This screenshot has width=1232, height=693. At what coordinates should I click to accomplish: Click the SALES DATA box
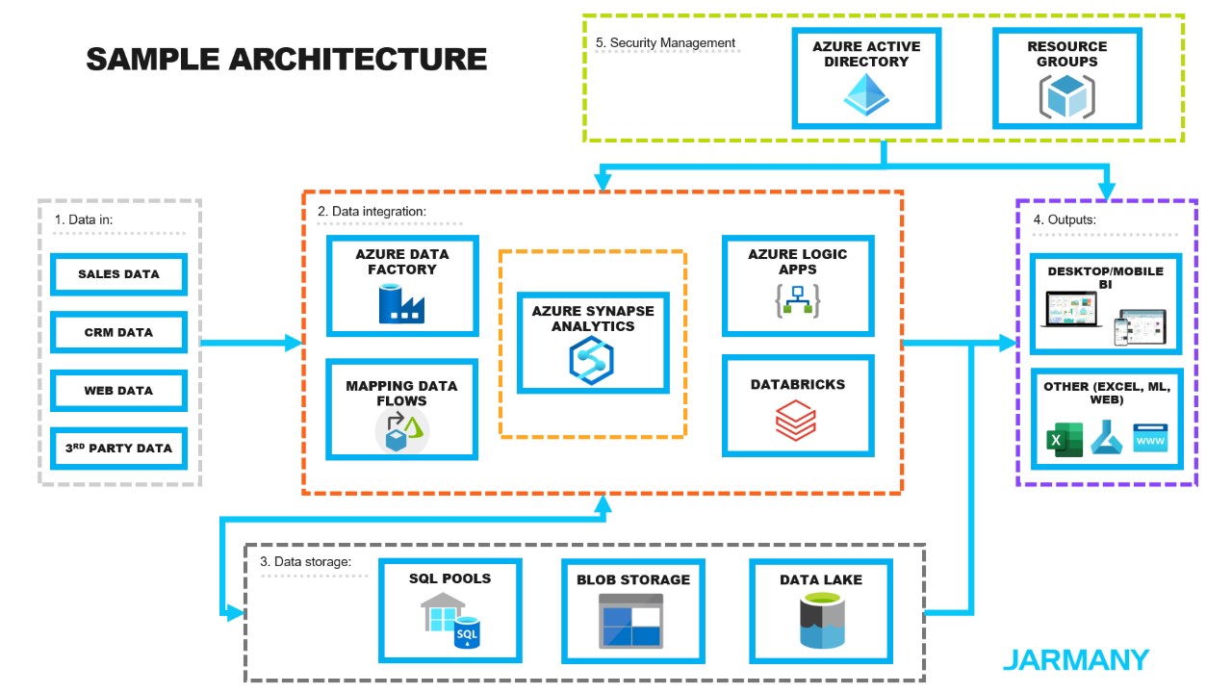118,274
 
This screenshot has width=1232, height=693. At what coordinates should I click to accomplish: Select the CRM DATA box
118,333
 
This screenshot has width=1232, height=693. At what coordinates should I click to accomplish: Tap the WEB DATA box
118,391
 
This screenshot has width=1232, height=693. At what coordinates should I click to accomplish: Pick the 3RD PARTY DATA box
118,449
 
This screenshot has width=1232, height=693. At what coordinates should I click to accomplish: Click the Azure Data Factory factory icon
401,303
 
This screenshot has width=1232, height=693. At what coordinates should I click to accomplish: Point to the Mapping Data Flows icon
401,430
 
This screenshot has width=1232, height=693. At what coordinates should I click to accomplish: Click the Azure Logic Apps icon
797,301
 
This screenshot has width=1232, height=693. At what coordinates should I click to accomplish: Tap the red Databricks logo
796,422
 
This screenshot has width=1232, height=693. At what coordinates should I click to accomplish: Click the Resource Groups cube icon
1066,96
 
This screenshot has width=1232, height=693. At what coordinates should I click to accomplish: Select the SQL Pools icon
449,622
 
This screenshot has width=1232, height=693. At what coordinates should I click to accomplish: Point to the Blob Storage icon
630,621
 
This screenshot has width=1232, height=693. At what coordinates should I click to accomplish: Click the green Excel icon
1063,440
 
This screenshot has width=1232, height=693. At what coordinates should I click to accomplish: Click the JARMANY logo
1075,660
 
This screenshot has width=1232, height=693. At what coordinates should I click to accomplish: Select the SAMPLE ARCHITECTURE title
286,60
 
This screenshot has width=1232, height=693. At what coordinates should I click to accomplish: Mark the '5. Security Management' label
665,43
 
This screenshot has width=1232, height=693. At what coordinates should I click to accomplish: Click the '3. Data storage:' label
306,561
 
